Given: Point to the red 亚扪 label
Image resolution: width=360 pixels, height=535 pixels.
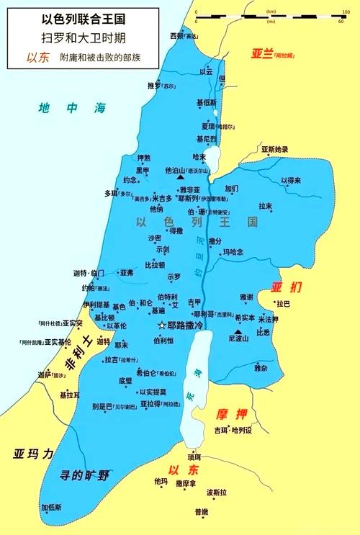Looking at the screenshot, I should (x=282, y=287).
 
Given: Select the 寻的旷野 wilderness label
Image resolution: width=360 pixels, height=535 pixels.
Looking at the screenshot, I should (x=84, y=475).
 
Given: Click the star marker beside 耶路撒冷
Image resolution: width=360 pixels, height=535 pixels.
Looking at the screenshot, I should (x=161, y=325).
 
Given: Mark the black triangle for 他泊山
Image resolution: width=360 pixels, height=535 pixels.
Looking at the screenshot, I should (x=180, y=176).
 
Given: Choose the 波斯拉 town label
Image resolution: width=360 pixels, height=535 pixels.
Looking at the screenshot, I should (x=217, y=493).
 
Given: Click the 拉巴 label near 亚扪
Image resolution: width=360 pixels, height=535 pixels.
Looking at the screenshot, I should (x=282, y=304).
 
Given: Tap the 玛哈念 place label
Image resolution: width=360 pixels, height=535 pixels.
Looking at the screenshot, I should (x=233, y=252).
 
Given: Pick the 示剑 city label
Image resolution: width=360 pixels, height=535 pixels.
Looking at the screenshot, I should (x=162, y=250).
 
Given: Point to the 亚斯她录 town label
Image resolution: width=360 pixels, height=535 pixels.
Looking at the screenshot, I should (x=274, y=149).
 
